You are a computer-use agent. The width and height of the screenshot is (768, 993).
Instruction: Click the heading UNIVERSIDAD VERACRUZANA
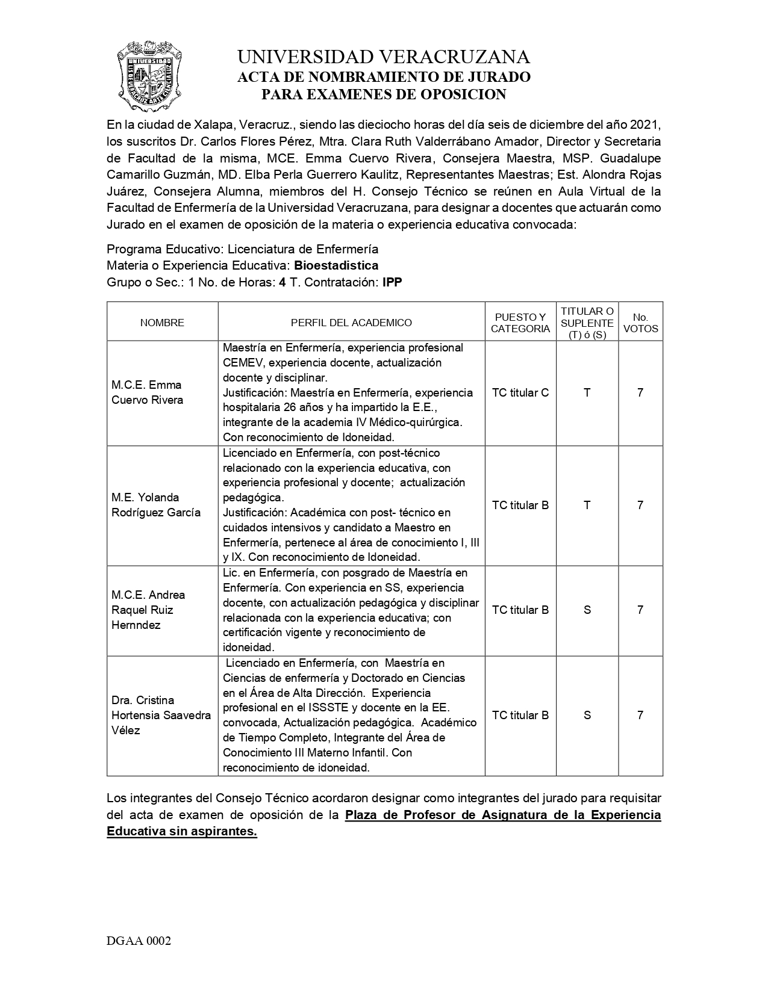384,57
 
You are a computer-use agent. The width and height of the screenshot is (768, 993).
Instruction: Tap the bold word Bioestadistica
336,265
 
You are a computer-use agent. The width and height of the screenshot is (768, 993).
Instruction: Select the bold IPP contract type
392,282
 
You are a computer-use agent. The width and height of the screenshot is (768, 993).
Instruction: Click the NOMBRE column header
162,323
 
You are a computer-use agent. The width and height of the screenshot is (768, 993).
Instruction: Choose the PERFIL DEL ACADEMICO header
351,323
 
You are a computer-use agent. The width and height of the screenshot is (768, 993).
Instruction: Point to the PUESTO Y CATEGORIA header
520,323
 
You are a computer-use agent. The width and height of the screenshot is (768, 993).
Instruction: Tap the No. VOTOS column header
640,323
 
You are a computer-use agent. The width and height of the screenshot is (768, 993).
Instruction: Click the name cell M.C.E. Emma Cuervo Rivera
146,392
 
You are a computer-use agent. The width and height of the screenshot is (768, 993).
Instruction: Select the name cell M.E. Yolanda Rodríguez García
155,505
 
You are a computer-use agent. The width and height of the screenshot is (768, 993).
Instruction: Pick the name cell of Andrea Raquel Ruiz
148,610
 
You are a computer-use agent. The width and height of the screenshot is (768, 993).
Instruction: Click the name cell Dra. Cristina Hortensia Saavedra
161,715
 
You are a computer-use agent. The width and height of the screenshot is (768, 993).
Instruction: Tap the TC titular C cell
520,392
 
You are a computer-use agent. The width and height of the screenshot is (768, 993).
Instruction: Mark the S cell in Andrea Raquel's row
587,610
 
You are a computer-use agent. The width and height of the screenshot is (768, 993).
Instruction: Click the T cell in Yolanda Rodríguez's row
587,505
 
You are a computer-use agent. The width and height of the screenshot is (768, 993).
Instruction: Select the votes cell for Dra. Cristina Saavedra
640,715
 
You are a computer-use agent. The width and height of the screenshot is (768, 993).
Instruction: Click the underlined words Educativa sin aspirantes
182,832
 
